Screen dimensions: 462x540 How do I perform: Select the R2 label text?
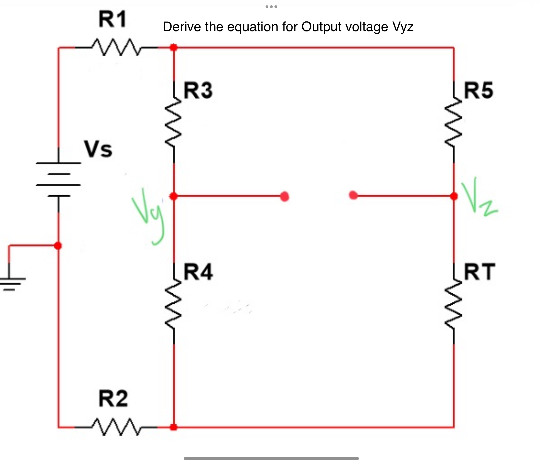[113, 399]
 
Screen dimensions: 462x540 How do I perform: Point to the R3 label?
[198, 90]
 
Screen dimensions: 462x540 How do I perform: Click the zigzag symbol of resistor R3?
[174, 122]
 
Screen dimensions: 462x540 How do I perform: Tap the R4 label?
[198, 271]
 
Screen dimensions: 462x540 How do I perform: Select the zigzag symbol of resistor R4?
[174, 303]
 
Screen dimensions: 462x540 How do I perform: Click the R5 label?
[478, 90]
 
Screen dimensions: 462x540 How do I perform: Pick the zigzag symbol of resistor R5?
[454, 122]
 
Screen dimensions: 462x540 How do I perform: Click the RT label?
[479, 271]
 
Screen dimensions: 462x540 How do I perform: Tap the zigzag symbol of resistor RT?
[454, 303]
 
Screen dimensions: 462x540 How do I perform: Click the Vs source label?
[98, 149]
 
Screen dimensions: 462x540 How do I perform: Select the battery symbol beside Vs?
[58, 180]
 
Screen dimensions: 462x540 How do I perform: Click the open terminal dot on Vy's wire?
[284, 196]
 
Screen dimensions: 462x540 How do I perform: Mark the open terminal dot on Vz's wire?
[353, 195]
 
